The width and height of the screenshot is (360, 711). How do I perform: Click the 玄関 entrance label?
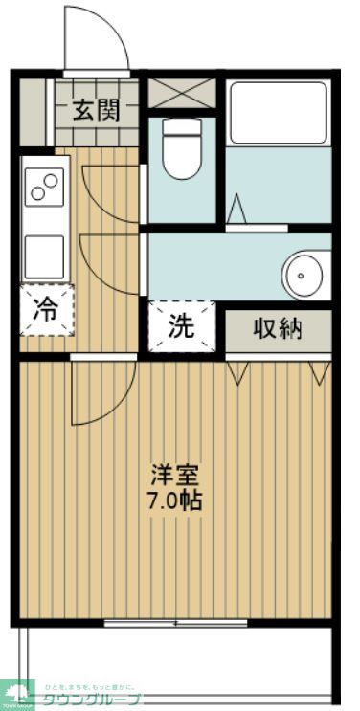[x=100, y=110]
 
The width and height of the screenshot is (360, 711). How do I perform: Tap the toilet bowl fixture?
[x=181, y=148]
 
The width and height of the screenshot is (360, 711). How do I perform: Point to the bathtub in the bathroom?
[x=278, y=112]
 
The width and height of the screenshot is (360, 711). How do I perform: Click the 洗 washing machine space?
[x=181, y=326]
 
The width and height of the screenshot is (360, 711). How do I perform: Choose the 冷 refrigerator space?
[x=46, y=310]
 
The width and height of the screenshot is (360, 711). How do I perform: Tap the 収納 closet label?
[x=278, y=328]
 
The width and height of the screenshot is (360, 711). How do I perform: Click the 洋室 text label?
[x=174, y=475]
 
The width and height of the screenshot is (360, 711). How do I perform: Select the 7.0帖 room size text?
[x=174, y=500]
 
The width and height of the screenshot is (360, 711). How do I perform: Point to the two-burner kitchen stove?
[x=45, y=185]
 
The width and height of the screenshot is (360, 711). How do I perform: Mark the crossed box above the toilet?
[x=182, y=94]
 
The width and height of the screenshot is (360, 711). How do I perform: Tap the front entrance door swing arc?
[x=96, y=38]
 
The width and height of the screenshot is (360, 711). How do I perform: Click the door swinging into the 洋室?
[x=101, y=392]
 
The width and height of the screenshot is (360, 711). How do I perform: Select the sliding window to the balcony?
[x=175, y=623]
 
